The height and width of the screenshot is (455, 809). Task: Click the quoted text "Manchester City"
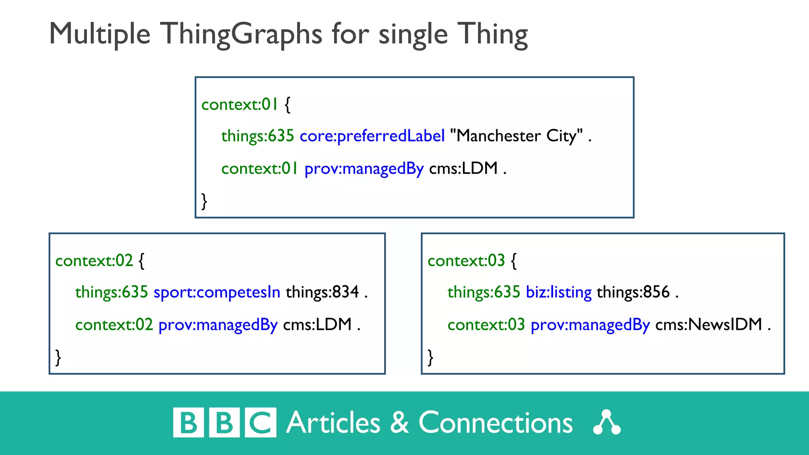516,136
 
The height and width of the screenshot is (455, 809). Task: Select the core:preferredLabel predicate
372,136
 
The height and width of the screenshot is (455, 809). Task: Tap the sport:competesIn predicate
217,292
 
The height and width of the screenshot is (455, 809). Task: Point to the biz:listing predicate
559,292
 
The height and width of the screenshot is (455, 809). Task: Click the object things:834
322,292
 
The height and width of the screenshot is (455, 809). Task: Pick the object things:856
633,292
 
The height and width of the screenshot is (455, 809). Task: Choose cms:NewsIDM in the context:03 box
709,325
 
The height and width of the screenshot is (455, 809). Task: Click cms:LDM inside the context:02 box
317,325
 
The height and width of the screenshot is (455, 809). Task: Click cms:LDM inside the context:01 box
463,169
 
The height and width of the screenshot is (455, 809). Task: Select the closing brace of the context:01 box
204,201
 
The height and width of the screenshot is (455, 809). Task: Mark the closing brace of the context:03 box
431,357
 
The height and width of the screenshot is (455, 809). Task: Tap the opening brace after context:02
142,261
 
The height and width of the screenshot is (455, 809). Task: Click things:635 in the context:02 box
111,292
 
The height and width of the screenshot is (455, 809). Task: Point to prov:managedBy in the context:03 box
590,325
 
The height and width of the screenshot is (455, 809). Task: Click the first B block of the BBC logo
188,423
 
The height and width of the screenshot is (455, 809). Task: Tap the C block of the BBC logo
260,423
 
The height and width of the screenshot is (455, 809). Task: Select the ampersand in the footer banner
399,423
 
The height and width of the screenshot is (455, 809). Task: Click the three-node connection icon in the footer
607,423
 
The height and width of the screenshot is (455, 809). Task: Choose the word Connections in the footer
495,423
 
